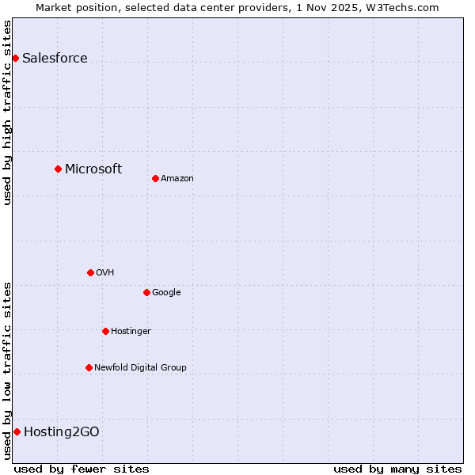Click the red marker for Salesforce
coord(15,58)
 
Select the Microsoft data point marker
coord(58,169)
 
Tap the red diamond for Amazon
coord(155,178)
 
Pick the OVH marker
coord(90,272)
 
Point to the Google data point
coord(146,292)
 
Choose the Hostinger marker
coord(105,331)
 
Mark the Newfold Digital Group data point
coord(89,367)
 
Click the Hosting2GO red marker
coord(17,431)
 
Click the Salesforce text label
coord(55,58)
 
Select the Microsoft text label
coord(93,169)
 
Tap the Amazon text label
coord(177,178)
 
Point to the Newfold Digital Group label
coord(140,367)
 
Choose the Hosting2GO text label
coord(62,431)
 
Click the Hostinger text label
coord(131,331)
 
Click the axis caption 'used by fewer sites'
coord(82,469)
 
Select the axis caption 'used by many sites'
coord(397,469)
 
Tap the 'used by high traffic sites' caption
coord(7,112)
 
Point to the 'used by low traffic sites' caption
coord(7,370)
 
